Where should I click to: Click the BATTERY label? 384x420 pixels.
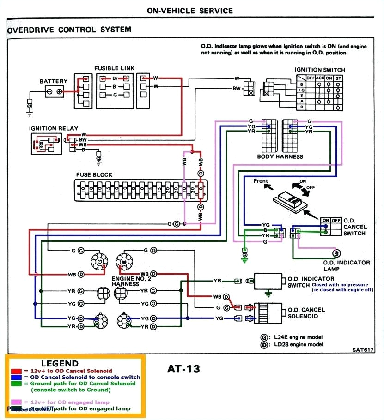tap(53, 81)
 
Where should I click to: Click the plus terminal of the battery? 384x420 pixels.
tap(60, 92)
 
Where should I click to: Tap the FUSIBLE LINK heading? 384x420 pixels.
tap(114, 68)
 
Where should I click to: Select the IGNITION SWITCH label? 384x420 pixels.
tap(320, 70)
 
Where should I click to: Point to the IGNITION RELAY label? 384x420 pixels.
tap(54, 128)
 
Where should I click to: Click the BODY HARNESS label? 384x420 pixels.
tap(280, 156)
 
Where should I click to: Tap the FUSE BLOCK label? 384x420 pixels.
tap(94, 175)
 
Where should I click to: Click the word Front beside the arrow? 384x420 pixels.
tap(261, 181)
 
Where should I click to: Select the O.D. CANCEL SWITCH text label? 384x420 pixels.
tap(355, 227)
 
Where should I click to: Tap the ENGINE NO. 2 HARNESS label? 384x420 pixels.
tap(131, 282)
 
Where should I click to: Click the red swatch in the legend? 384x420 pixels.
tap(16, 371)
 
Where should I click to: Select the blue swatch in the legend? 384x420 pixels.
tap(16, 377)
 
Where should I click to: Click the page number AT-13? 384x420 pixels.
tap(184, 369)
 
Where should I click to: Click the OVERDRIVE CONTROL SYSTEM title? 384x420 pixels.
tap(69, 30)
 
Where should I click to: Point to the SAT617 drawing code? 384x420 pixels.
tap(362, 350)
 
